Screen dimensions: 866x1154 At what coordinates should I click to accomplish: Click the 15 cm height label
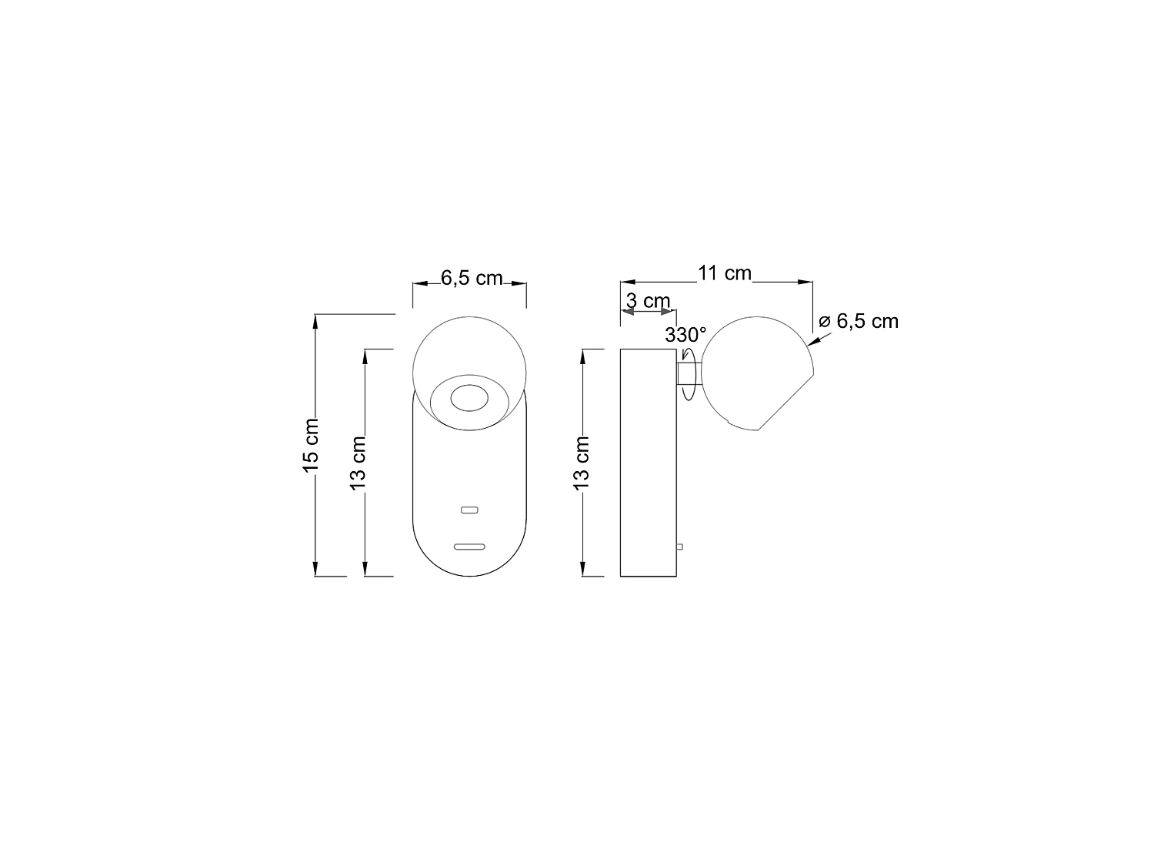pos(310,445)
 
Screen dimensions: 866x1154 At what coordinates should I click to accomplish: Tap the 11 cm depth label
pos(724,273)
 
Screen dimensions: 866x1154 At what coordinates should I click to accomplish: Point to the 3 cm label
pos(648,301)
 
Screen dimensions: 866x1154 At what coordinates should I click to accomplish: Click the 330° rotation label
pos(685,335)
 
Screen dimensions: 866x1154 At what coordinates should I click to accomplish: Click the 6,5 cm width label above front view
pos(471,278)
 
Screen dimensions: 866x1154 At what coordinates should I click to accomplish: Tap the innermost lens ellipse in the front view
pos(468,398)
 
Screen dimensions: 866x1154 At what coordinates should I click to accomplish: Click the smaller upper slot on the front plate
pos(469,510)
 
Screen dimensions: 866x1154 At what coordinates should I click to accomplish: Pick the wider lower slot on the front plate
pos(469,547)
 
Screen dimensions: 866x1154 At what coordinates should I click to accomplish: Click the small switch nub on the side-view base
pos(679,547)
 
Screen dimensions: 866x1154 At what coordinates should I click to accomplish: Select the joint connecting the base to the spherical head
pos(684,374)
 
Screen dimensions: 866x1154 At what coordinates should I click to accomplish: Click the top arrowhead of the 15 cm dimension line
pos(316,321)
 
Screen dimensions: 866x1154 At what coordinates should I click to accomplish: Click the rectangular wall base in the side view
pos(648,463)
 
